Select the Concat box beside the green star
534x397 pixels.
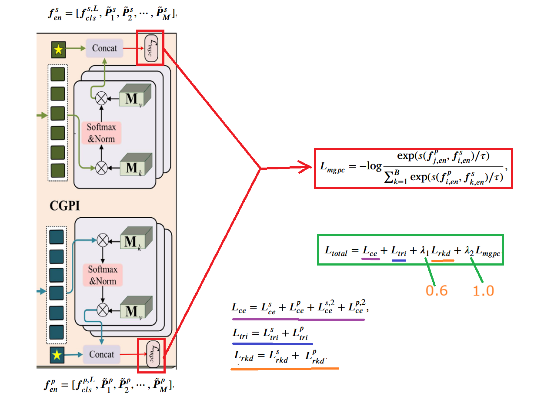click(x=104, y=48)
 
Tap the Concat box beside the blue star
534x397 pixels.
click(x=101, y=354)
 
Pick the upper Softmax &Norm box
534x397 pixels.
click(x=101, y=133)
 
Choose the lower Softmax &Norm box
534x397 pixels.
click(x=103, y=275)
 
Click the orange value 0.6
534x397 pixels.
click(x=437, y=290)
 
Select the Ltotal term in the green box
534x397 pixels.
click(x=336, y=251)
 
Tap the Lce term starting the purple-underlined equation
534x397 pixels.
click(x=239, y=309)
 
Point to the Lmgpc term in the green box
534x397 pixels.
click(x=487, y=251)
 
